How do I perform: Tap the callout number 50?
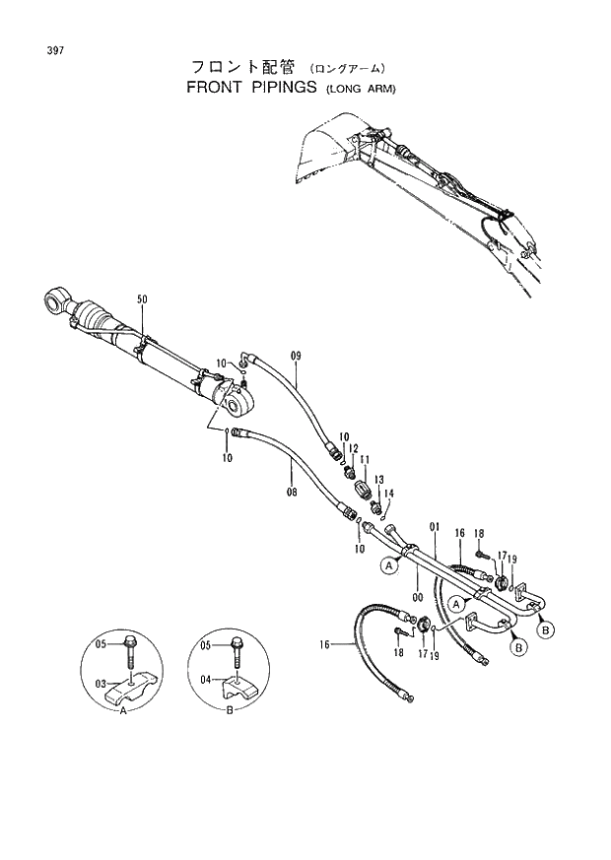pyautogui.click(x=142, y=299)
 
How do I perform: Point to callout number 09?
pyautogui.click(x=296, y=354)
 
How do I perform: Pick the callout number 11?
pyautogui.click(x=365, y=460)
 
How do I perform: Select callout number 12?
pyautogui.click(x=353, y=448)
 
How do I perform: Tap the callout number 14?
pyautogui.click(x=388, y=494)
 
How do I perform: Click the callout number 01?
pyautogui.click(x=433, y=527)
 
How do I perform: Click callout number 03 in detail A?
pyautogui.click(x=100, y=683)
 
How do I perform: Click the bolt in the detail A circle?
pyautogui.click(x=131, y=651)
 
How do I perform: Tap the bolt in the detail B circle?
pyautogui.click(x=237, y=651)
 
